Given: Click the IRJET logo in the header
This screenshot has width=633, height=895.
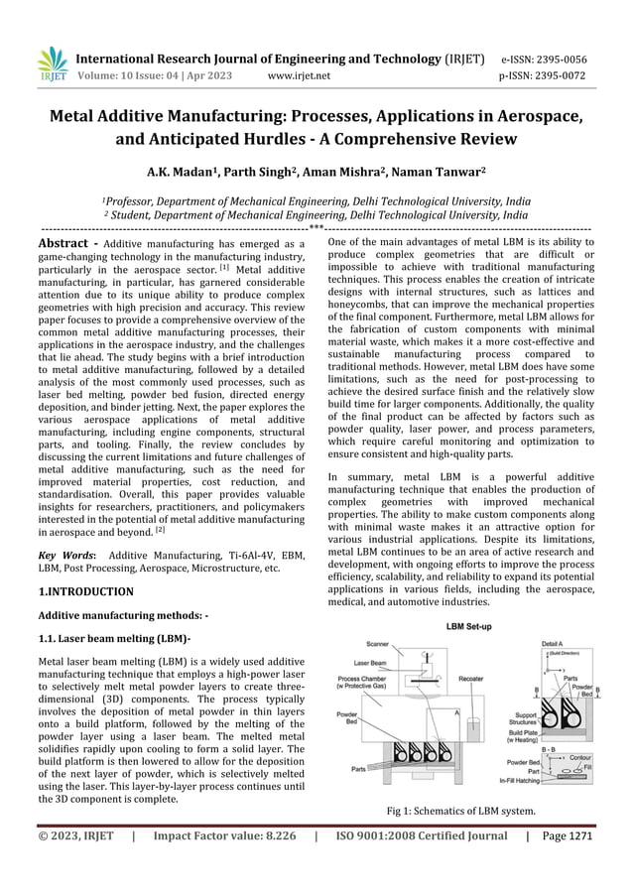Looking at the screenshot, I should pos(52,64).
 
